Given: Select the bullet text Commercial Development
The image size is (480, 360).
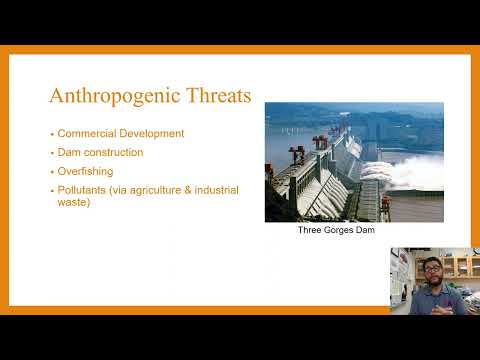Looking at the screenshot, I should [121, 133].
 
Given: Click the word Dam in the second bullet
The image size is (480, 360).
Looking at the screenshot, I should [69, 152].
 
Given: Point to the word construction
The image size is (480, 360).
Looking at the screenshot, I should [114, 152].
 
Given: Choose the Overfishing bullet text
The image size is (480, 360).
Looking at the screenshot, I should [85, 171].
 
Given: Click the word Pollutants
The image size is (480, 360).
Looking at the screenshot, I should [81, 189].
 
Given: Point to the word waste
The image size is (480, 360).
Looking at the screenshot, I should [73, 203].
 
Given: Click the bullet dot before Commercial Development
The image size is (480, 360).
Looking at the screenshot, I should [51, 134].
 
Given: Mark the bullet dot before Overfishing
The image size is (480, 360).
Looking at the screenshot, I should [51, 171].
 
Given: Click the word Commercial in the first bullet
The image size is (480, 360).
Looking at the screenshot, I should [88, 133].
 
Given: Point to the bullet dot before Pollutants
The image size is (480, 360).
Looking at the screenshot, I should [51, 190].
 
